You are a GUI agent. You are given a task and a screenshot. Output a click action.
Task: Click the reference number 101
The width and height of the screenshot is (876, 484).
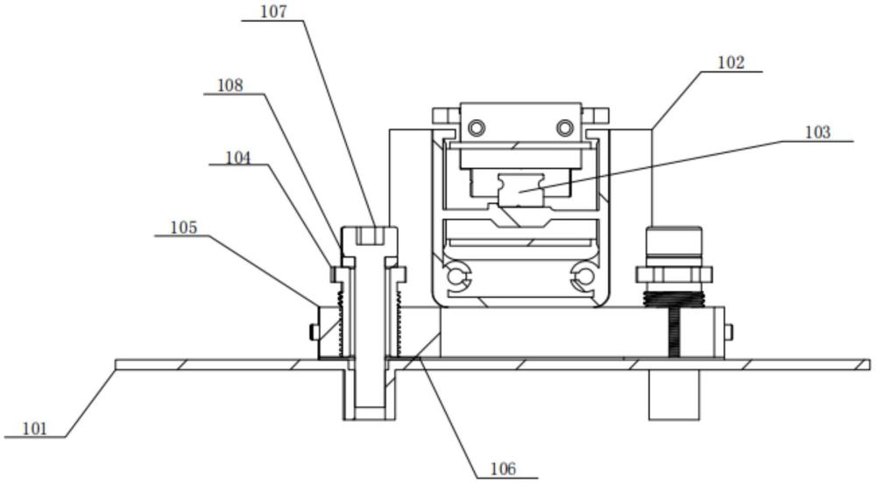(x=35, y=429)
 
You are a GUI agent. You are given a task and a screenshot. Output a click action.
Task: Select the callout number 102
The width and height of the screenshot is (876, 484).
(x=731, y=63)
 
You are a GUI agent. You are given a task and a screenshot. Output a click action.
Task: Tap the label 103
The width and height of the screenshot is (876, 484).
(x=818, y=133)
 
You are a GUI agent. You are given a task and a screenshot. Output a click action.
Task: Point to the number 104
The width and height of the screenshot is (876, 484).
(x=238, y=158)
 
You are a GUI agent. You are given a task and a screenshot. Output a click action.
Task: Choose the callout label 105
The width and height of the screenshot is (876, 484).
(x=184, y=228)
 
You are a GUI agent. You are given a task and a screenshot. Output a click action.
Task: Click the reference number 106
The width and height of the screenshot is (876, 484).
(x=503, y=469)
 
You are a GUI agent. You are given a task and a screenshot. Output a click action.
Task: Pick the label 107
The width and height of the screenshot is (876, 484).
(x=273, y=11)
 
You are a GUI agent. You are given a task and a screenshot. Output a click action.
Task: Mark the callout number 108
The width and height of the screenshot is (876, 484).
(x=230, y=86)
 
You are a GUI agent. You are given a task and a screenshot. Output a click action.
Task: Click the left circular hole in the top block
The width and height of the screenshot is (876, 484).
(x=477, y=129)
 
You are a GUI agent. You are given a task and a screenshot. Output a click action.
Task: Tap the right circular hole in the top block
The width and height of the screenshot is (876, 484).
(x=565, y=129)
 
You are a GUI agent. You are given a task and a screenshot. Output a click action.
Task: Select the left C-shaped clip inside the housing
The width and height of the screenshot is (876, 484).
(x=459, y=276)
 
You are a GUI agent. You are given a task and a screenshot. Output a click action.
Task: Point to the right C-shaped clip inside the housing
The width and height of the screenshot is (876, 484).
(x=583, y=276)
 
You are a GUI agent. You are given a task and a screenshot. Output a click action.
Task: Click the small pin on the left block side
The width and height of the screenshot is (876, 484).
(x=314, y=333)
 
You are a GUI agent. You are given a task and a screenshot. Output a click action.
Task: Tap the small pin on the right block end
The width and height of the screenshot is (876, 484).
(x=728, y=333)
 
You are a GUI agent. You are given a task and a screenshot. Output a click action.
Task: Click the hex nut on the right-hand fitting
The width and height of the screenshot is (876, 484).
(x=674, y=274)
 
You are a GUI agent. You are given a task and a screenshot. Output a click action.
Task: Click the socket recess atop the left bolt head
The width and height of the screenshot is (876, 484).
(x=370, y=235)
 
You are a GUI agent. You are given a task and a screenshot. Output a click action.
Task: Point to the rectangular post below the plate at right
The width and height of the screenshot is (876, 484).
(x=674, y=395)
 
